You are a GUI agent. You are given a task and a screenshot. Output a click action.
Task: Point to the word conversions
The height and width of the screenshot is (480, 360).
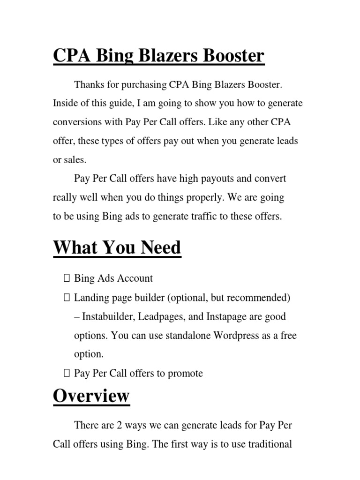[75, 122]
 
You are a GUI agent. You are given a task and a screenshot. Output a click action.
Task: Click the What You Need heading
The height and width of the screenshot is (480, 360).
[117, 247]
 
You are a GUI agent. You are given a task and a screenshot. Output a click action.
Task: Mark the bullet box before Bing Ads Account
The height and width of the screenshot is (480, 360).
[66, 278]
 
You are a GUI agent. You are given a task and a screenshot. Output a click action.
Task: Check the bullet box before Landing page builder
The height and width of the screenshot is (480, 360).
[66, 298]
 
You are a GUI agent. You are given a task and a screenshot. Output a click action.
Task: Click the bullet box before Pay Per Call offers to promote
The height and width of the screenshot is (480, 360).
[66, 374]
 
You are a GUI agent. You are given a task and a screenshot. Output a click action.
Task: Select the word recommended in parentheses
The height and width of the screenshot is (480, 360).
[259, 298]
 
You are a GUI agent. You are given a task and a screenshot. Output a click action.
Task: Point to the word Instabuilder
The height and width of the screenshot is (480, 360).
[108, 316]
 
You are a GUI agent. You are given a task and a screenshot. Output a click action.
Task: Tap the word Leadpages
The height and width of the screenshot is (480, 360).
[162, 316]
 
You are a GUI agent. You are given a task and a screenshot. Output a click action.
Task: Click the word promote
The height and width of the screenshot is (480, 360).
[186, 374]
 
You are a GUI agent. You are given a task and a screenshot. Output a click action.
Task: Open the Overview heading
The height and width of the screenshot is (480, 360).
[91, 396]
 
